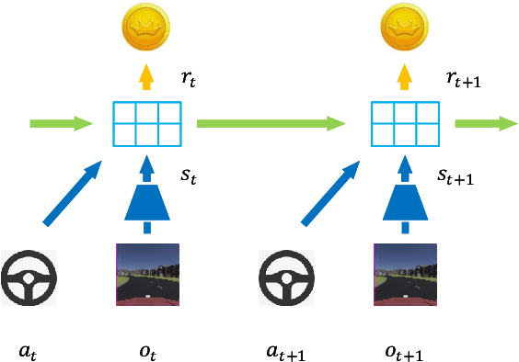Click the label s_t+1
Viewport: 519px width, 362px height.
click(x=455, y=175)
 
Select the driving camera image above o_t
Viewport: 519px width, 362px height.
click(x=146, y=275)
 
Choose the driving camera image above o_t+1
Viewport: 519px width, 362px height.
click(x=404, y=275)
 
